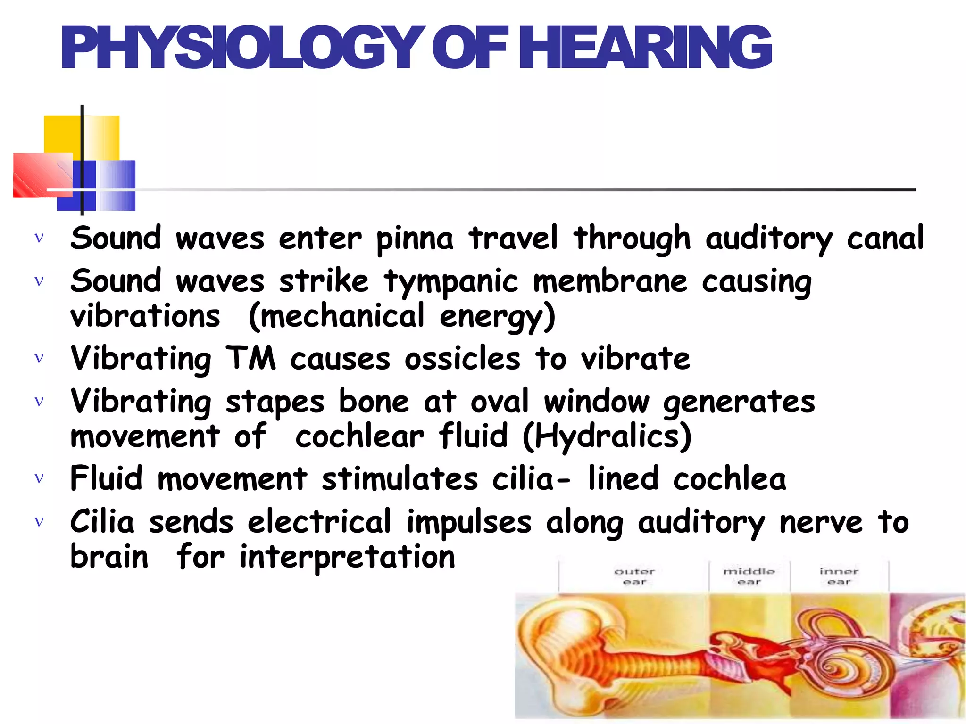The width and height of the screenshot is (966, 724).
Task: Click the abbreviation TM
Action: click(250, 358)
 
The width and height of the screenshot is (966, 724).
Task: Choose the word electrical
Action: click(319, 522)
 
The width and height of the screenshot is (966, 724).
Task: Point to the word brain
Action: click(109, 557)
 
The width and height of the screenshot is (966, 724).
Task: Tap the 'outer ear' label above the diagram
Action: click(634, 576)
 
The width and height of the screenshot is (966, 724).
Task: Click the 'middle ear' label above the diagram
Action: click(749, 576)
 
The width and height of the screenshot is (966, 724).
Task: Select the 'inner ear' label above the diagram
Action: click(839, 576)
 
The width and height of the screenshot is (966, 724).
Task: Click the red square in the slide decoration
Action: click(42, 174)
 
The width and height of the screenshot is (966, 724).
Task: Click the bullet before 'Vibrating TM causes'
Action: click(39, 358)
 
